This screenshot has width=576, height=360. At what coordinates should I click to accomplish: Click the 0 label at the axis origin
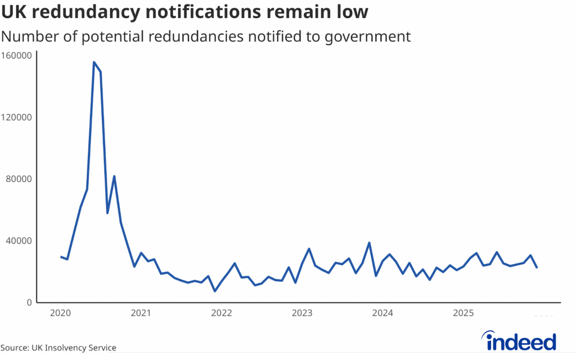28,303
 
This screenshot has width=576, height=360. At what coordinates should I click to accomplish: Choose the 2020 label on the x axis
60,313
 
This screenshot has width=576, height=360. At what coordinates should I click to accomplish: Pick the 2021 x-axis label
141,313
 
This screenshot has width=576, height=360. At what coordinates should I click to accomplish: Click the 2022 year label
222,313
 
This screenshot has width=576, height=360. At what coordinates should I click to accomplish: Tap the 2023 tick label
302,313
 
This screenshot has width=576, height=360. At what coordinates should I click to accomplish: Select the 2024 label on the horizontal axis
382,313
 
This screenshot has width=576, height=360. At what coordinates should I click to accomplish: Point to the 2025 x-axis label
463,313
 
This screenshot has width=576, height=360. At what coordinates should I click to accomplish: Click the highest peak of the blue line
94,62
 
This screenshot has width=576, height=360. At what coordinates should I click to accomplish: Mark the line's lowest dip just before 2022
215,291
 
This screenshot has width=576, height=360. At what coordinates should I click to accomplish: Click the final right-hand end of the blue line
537,267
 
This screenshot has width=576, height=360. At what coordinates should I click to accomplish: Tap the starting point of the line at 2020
61,256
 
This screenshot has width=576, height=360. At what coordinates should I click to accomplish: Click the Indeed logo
520,341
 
